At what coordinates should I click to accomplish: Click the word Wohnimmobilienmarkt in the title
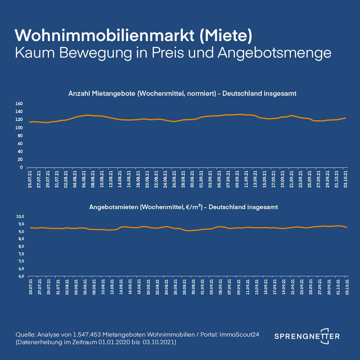pyautogui.click(x=104, y=35)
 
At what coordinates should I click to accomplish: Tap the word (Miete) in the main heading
pyautogui.click(x=226, y=35)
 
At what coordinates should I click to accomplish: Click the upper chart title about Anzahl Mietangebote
pyautogui.click(x=182, y=94)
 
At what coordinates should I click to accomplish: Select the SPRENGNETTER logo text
pyautogui.click(x=307, y=336)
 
